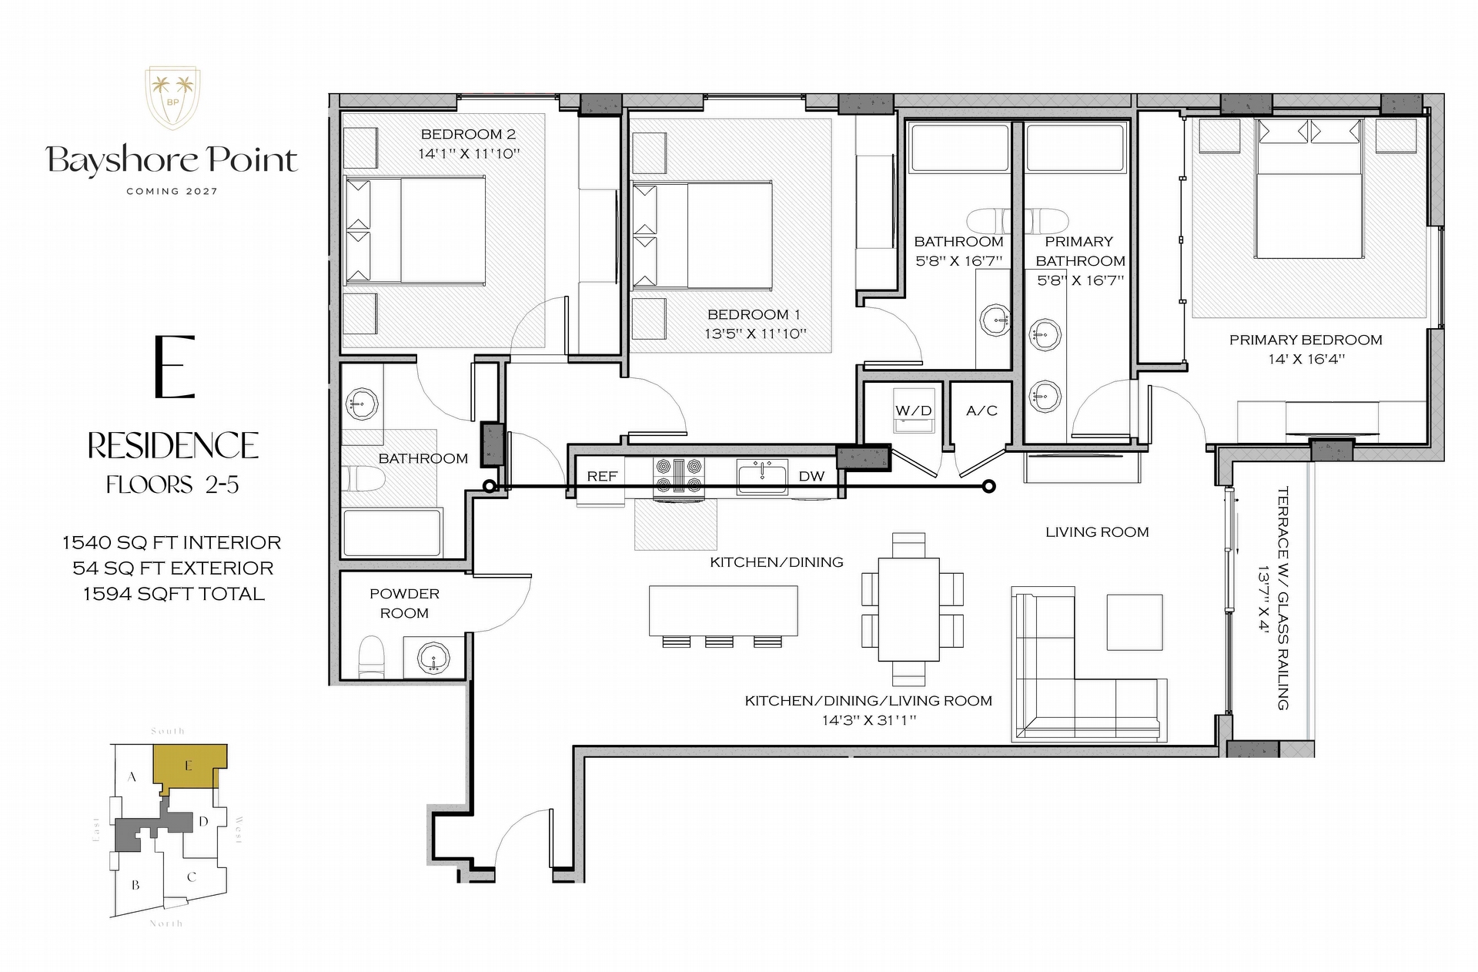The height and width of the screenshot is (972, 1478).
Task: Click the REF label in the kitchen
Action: (602, 476)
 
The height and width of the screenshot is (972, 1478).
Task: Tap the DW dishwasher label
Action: (811, 476)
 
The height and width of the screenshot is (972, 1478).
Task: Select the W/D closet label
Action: (914, 411)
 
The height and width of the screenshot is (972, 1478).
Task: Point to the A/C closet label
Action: (981, 411)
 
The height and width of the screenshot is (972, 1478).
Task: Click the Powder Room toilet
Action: (372, 657)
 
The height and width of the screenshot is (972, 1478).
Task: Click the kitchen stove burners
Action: (678, 475)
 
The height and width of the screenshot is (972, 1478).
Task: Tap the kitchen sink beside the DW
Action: (762, 477)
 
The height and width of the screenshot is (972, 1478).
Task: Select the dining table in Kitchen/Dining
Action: (909, 609)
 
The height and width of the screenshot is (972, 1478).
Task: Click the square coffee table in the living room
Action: (1135, 622)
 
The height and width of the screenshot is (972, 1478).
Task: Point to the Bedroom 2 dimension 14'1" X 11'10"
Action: (469, 153)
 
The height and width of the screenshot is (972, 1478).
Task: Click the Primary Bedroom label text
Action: (1306, 340)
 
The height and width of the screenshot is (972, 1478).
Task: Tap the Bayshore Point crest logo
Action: (173, 99)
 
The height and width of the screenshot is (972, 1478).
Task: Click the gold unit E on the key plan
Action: (189, 767)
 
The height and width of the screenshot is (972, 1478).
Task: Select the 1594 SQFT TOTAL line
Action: (174, 594)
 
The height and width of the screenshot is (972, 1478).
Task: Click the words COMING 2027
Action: (172, 191)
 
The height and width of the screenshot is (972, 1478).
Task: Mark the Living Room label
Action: (1097, 532)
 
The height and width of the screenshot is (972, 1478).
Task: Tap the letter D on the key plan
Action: (203, 821)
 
